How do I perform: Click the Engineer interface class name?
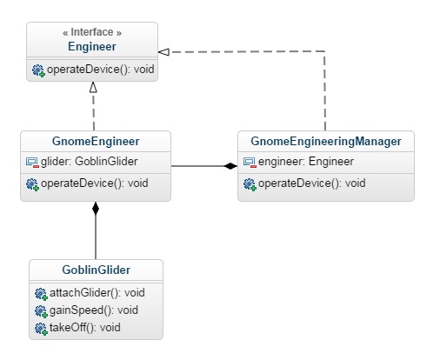[92, 46]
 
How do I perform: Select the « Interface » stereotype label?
[92, 32]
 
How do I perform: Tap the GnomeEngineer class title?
[96, 142]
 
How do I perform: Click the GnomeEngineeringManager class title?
[326, 142]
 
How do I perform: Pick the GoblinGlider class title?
[96, 270]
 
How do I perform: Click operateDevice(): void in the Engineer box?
[100, 70]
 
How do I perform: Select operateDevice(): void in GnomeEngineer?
[95, 183]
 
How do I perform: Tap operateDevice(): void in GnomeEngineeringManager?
[311, 183]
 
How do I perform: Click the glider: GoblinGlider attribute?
[89, 162]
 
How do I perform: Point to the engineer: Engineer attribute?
[306, 162]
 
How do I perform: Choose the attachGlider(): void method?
[97, 293]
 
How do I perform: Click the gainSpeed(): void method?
[94, 310]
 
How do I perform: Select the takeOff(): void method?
[85, 328]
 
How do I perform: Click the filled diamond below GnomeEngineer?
[96, 209]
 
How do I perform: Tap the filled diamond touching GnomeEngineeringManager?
[230, 166]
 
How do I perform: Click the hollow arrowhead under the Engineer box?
[93, 87]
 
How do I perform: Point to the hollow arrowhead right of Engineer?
[163, 52]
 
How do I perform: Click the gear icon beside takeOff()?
[41, 329]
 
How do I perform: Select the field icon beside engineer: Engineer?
[250, 163]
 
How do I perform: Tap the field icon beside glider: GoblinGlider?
[32, 163]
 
